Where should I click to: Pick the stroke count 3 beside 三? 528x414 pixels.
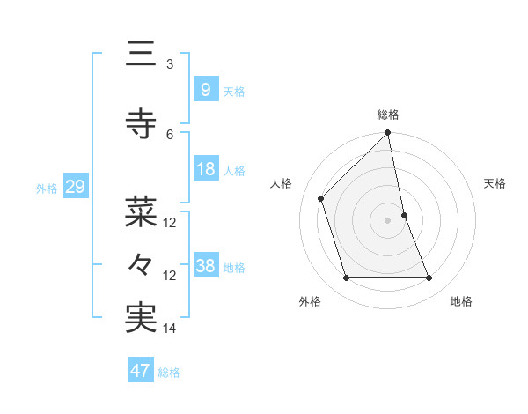click(x=169, y=64)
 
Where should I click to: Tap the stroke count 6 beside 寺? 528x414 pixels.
click(x=170, y=134)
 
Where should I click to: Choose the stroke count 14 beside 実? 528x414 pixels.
click(x=170, y=328)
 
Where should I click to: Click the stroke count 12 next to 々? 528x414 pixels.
click(x=170, y=275)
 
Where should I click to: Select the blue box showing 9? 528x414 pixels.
click(x=205, y=90)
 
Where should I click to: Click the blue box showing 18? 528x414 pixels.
click(x=205, y=169)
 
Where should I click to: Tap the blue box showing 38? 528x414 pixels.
click(x=205, y=266)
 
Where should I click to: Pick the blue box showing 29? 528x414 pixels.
click(x=76, y=187)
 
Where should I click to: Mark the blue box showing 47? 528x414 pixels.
click(x=141, y=371)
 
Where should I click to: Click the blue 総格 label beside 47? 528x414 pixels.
click(x=169, y=373)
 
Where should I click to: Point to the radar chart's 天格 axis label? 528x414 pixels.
click(x=495, y=183)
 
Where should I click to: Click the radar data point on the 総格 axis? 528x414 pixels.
click(x=388, y=134)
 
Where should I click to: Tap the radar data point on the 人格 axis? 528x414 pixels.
click(x=321, y=198)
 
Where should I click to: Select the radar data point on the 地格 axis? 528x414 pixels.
click(x=429, y=278)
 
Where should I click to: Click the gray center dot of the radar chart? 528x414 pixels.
click(x=388, y=220)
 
